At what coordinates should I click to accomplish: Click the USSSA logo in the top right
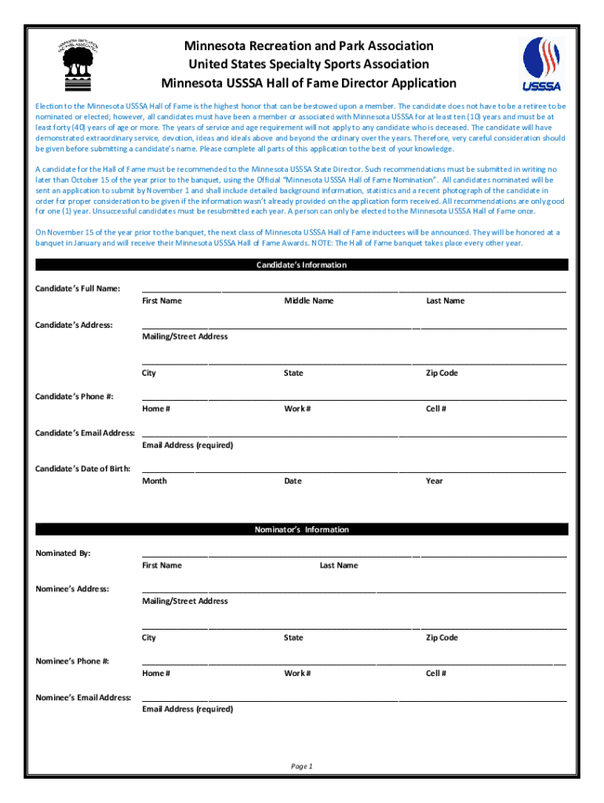click(541, 64)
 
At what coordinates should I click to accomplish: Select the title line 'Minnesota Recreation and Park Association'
click(308, 46)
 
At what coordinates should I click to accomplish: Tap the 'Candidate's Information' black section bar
click(301, 265)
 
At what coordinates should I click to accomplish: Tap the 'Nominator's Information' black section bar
click(301, 529)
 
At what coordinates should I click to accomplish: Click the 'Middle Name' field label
click(308, 301)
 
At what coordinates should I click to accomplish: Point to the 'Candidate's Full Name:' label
click(78, 289)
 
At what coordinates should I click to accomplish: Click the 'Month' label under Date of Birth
click(155, 481)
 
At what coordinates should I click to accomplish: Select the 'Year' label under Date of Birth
click(434, 481)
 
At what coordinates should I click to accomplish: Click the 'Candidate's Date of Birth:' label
click(83, 469)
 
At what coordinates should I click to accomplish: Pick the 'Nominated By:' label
click(64, 553)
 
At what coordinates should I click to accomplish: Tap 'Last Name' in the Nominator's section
click(338, 565)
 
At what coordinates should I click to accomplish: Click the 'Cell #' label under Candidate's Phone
click(436, 409)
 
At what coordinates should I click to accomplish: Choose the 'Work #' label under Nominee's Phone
click(297, 673)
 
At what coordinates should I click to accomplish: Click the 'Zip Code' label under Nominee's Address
click(442, 638)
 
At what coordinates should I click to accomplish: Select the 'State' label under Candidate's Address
click(293, 373)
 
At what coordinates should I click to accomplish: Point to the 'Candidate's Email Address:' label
click(86, 433)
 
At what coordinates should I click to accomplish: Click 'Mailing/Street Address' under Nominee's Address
click(185, 601)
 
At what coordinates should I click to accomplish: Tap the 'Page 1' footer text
click(301, 766)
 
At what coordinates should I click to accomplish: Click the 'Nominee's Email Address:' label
click(84, 697)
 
